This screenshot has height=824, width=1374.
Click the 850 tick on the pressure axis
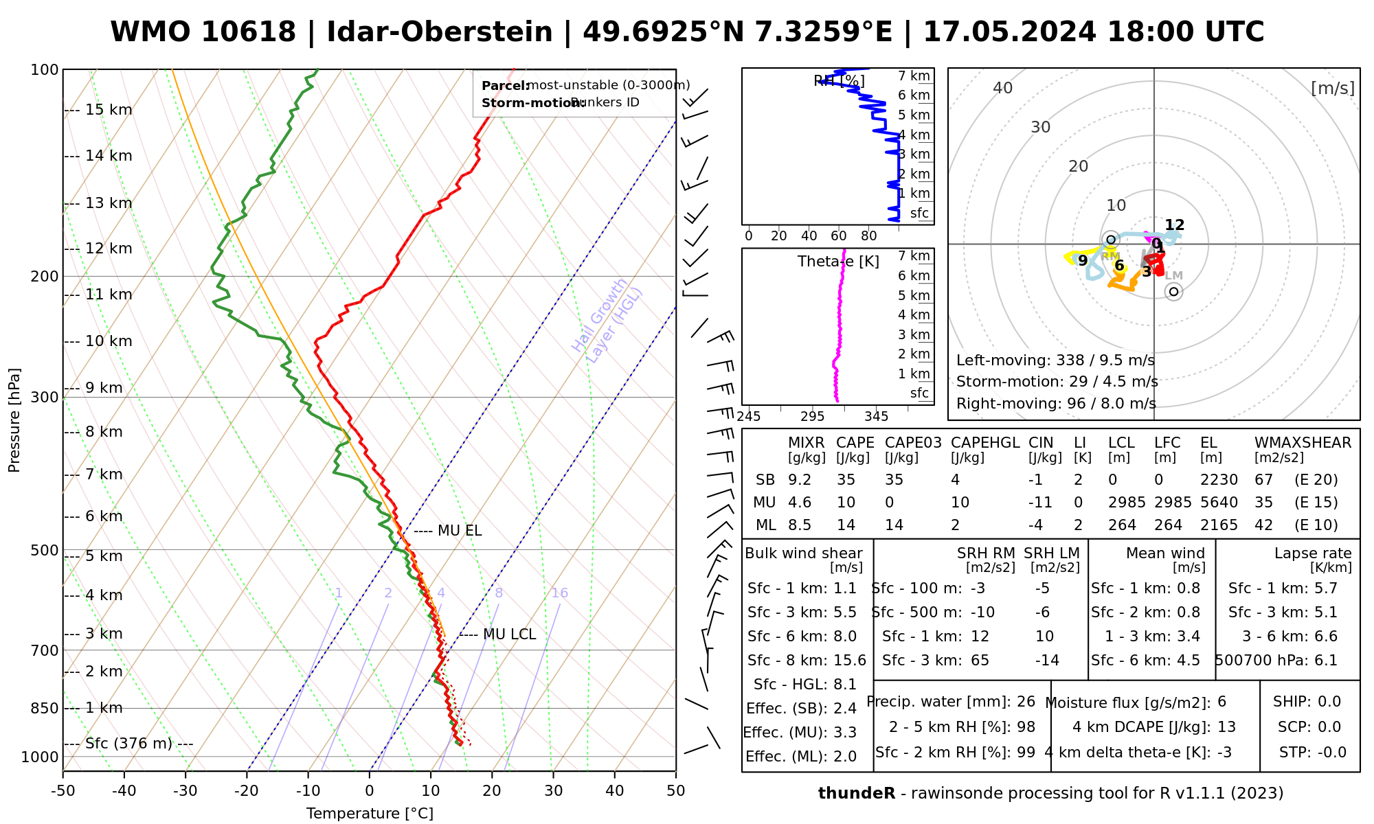click(x=45, y=708)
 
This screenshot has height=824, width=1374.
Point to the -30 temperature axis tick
click(x=185, y=791)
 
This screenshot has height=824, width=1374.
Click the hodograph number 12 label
click(x=1175, y=225)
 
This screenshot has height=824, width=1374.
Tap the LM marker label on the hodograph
click(x=1174, y=276)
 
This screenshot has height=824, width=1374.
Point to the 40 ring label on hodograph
click(x=1003, y=88)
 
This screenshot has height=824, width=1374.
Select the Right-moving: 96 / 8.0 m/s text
click(x=1056, y=403)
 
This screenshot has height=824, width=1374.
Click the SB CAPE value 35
click(x=846, y=480)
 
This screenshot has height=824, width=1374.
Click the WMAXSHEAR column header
click(x=1303, y=443)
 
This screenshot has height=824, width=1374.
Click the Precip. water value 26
click(x=1026, y=702)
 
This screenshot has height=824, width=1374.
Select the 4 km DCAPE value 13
click(x=1226, y=727)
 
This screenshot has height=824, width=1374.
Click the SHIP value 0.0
click(x=1329, y=702)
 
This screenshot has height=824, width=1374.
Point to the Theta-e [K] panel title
click(x=838, y=262)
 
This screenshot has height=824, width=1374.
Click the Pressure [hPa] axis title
click(x=14, y=420)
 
